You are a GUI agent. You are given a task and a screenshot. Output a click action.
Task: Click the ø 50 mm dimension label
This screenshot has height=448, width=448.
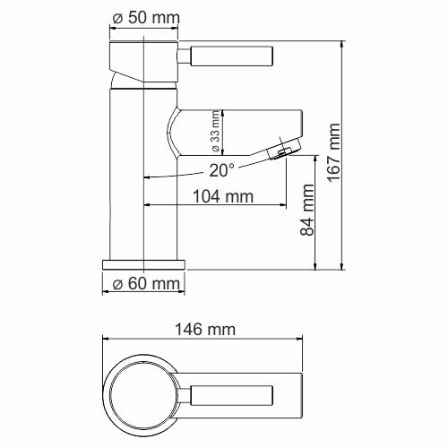coord(145,18)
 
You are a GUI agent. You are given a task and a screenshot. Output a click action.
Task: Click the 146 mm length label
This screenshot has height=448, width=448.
coord(207,329)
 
